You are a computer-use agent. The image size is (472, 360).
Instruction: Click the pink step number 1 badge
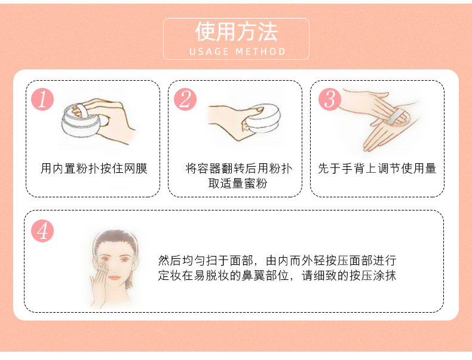pos(42,99)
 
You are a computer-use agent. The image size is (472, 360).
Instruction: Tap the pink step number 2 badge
pos(185,99)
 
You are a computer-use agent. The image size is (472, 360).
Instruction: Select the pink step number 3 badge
pos(330,99)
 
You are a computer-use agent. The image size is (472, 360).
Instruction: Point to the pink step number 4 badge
pos(42,231)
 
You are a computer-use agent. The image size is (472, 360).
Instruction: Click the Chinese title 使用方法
pos(237,32)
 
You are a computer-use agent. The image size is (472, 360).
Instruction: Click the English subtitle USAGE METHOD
pos(237,51)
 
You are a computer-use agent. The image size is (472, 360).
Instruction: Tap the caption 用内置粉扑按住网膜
pos(94,169)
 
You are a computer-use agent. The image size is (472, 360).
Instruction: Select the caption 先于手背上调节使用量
pos(377,169)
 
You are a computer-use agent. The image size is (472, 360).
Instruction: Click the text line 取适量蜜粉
pos(238,183)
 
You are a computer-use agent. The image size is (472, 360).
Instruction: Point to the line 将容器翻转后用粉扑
pos(239,169)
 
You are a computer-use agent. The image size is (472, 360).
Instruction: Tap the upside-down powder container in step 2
pos(262,118)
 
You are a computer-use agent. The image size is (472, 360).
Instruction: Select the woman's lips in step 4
pos(114,277)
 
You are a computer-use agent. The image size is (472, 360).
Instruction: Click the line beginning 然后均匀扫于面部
pos(277,261)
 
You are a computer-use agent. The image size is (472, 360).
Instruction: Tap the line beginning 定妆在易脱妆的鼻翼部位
pos(277,275)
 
